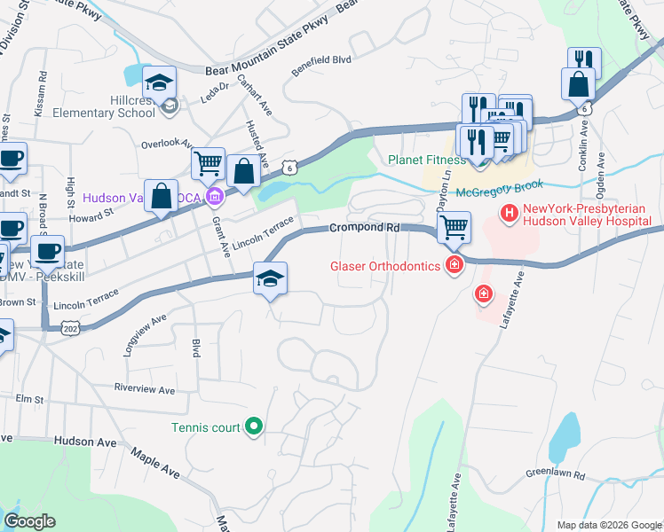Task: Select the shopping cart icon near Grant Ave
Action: pyautogui.click(x=208, y=162)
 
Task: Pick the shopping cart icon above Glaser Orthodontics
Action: pyautogui.click(x=454, y=226)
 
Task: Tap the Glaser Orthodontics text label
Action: pyautogui.click(x=385, y=265)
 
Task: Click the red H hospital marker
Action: pyautogui.click(x=510, y=213)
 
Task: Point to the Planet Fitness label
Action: pyautogui.click(x=426, y=160)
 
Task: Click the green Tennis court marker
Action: pyautogui.click(x=254, y=427)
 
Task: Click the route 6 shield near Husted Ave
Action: pyautogui.click(x=289, y=166)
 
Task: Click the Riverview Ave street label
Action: pyautogui.click(x=146, y=388)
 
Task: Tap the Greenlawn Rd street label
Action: pyautogui.click(x=556, y=474)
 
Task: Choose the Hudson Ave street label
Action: pyautogui.click(x=85, y=441)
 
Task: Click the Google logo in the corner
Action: pyautogui.click(x=29, y=521)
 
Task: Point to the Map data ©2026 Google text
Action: pyautogui.click(x=608, y=525)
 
